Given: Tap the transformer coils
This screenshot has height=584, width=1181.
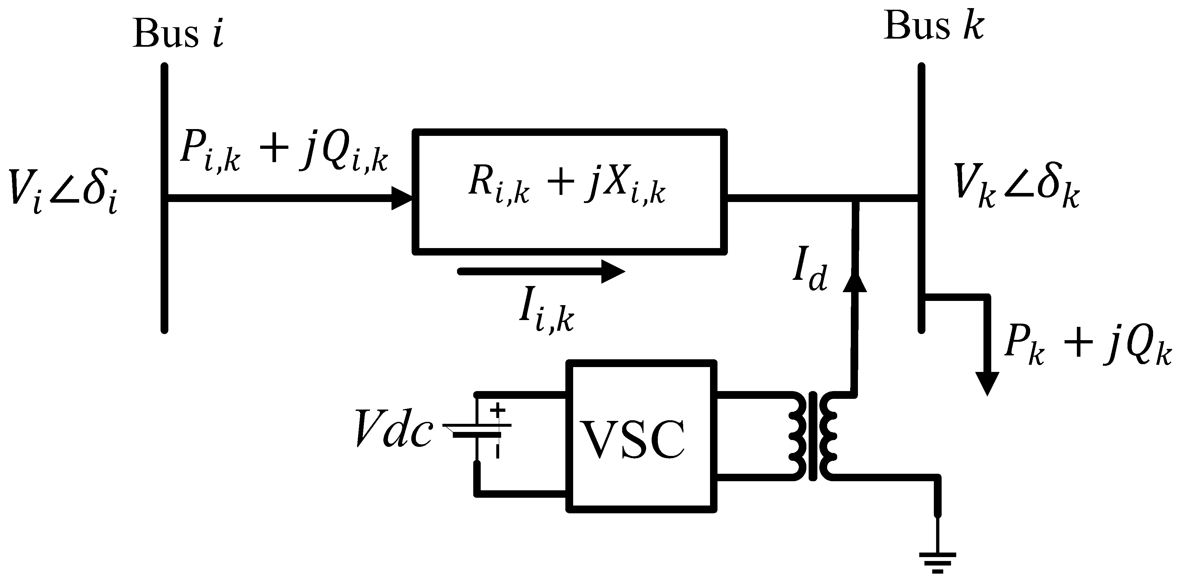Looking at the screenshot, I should click(813, 435).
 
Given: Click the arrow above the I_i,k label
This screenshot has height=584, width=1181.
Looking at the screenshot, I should click(541, 272).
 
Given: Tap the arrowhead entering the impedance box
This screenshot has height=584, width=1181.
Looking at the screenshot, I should click(402, 198).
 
